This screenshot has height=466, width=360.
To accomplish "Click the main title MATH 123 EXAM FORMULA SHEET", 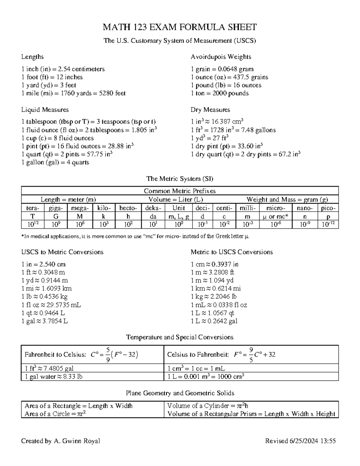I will pyautogui.click(x=180, y=27).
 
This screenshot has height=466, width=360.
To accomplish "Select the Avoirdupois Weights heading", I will pyautogui.click(x=221, y=57).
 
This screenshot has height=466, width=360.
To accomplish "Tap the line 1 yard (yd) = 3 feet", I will pyautogui.click(x=49, y=85).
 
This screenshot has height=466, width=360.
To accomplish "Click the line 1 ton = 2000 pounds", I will pyautogui.click(x=220, y=93).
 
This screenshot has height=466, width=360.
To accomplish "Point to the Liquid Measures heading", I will pyautogui.click(x=45, y=110).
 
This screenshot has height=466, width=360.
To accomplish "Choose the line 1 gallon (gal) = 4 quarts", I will pyautogui.click(x=55, y=163).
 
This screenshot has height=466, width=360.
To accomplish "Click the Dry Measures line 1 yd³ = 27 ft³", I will pyautogui.click(x=210, y=138).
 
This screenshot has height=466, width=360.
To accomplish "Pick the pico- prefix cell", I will pyautogui.click(x=328, y=208).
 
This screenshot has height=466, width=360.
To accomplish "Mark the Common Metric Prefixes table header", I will pyautogui.click(x=180, y=191).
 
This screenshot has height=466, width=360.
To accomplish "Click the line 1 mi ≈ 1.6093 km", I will pyautogui.click(x=46, y=289).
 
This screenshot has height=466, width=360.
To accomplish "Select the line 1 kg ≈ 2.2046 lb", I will pyautogui.click(x=214, y=297).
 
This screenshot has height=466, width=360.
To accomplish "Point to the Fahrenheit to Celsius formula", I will pyautogui.click(x=81, y=355).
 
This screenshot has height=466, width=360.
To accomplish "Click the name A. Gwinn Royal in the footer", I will pyautogui.click(x=76, y=441).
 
